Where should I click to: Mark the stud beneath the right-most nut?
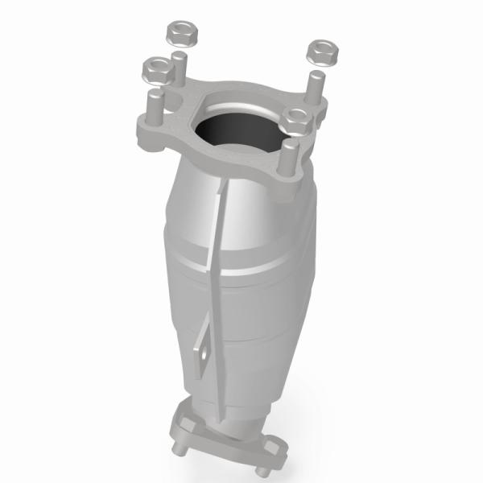pos(316,85)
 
